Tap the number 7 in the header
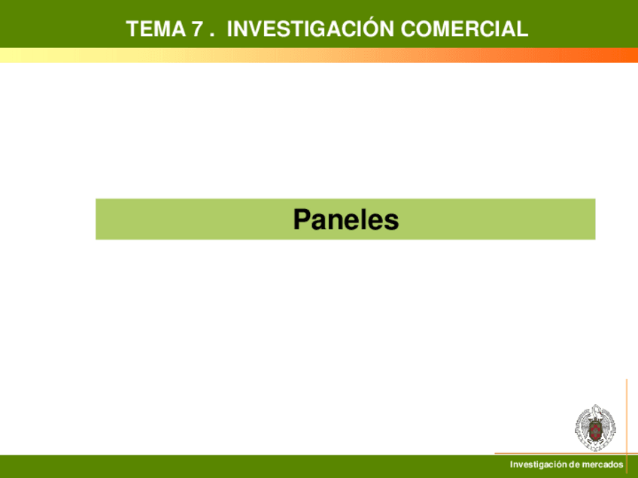(197, 29)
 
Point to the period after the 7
(211, 35)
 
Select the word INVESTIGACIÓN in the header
(310, 28)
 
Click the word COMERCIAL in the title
(464, 29)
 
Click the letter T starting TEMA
(132, 29)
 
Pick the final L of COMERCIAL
(523, 29)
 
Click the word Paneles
(346, 219)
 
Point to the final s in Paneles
(392, 222)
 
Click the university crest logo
(595, 428)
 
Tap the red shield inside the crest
(595, 431)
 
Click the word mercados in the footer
(602, 464)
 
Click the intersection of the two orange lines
(627, 453)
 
